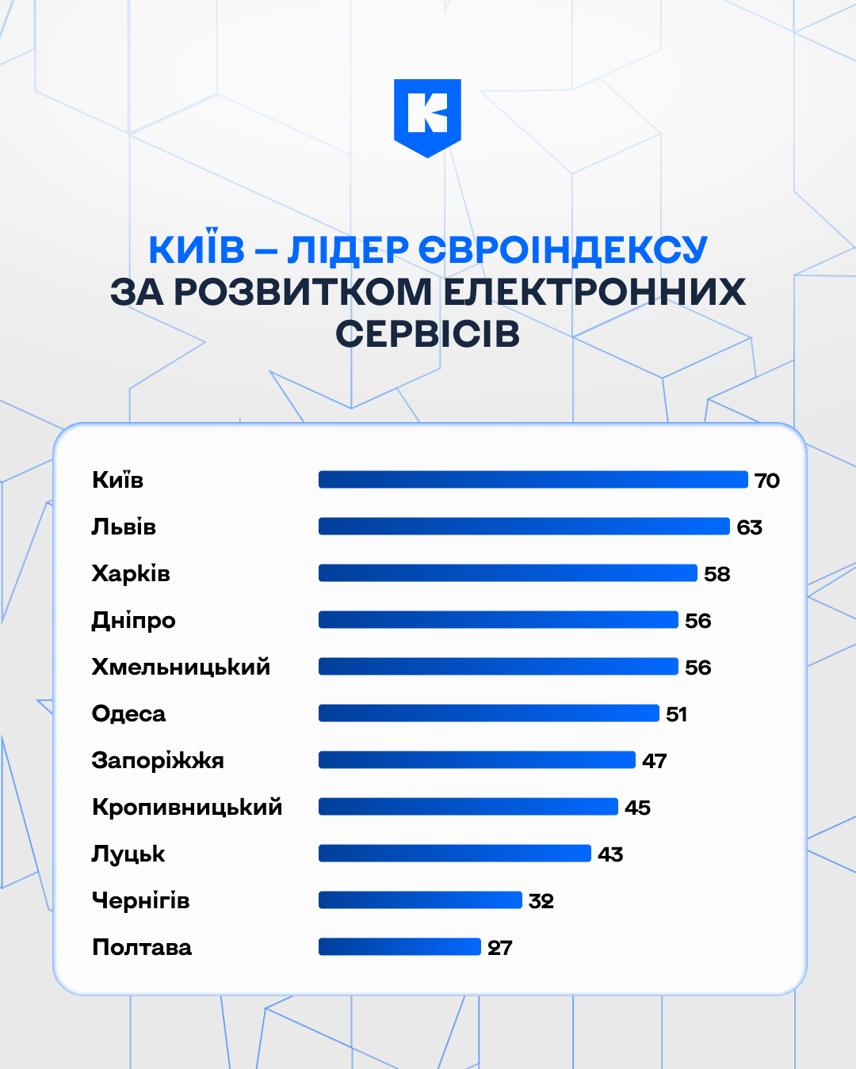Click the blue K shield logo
(427, 116)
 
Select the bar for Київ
(533, 480)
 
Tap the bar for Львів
(523, 527)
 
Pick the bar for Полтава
(399, 947)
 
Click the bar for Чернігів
(420, 900)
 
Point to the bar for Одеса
(488, 713)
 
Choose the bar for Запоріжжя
(476, 760)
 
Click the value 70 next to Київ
(766, 481)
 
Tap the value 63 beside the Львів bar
(749, 527)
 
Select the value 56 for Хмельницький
(697, 668)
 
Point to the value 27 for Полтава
(499, 948)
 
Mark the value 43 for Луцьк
(610, 854)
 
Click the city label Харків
(131, 573)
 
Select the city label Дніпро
(133, 620)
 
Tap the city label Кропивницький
(187, 807)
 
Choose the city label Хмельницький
(181, 667)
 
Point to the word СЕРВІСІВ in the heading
(427, 334)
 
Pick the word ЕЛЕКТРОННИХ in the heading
(594, 292)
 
